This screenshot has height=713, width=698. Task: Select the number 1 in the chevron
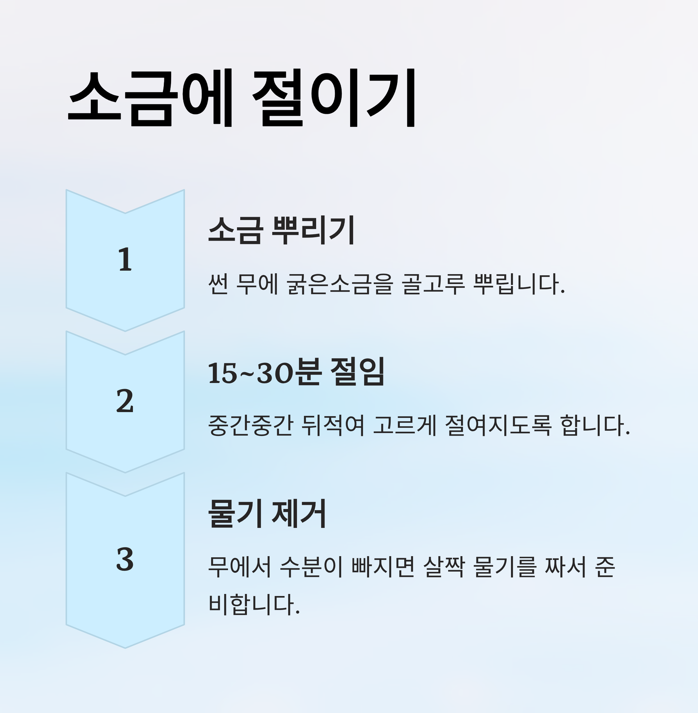tap(125, 260)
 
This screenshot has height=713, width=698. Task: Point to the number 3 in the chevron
tap(125, 559)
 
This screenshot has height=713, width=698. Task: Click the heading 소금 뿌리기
tap(281, 230)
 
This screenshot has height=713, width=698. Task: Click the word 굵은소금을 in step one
tap(340, 284)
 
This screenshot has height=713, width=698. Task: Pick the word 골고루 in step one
tap(433, 284)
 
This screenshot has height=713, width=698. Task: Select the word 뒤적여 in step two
tap(332, 425)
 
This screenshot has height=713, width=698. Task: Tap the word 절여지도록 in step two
tap(498, 425)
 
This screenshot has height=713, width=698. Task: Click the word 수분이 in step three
tap(311, 567)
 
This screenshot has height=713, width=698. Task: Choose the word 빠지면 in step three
tap(383, 567)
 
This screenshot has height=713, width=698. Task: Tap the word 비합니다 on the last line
tap(254, 604)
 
